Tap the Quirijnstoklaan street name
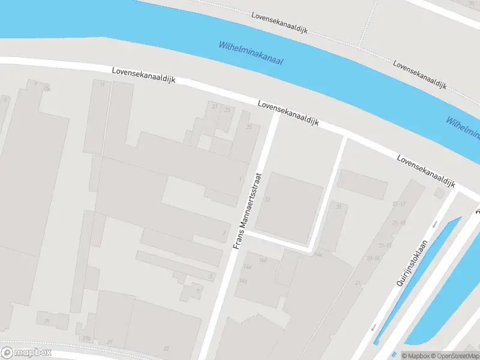pyautogui.click(x=411, y=262)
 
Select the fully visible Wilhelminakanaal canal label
pyautogui.click(x=251, y=54)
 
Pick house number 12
pyautogui.click(x=267, y=199)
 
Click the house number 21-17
pyautogui.click(x=399, y=204)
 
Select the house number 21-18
pyautogui.click(x=399, y=223)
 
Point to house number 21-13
pyautogui.click(x=385, y=245)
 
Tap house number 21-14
pyautogui.click(x=373, y=258)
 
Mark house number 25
pyautogui.click(x=249, y=127)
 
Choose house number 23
pyautogui.click(x=227, y=110)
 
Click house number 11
pyautogui.click(x=102, y=85)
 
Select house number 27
pyautogui.click(x=166, y=348)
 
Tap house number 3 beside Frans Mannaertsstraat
pyautogui.click(x=224, y=233)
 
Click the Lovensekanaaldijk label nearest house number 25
pyautogui.click(x=289, y=113)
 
